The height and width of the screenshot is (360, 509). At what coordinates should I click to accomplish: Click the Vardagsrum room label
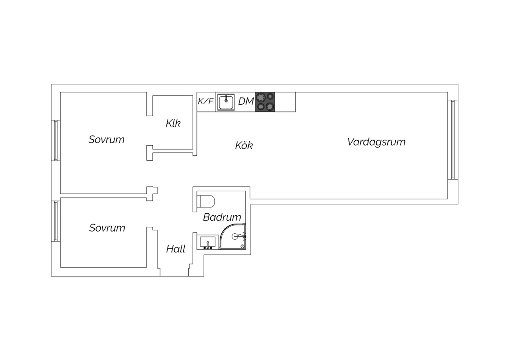[376, 142]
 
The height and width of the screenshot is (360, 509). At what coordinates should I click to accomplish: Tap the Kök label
[244, 145]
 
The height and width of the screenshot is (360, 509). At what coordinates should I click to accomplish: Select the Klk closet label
[173, 123]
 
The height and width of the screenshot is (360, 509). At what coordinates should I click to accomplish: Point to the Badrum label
[222, 217]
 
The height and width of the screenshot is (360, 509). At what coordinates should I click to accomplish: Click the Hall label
[176, 249]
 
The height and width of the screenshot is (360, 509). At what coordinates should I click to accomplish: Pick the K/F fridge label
[206, 101]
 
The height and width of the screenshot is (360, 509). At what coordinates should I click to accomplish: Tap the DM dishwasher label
[246, 102]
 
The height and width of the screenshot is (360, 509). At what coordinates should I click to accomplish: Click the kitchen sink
[226, 102]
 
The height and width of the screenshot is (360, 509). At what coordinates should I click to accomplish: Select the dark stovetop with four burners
[265, 102]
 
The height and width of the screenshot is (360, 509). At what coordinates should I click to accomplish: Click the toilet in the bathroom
[206, 201]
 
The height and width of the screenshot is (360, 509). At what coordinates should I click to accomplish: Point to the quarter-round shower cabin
[233, 236]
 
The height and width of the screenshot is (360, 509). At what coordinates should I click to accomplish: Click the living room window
[453, 140]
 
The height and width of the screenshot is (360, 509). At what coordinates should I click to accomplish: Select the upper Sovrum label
[106, 139]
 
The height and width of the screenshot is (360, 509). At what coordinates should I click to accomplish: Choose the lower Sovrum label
[107, 228]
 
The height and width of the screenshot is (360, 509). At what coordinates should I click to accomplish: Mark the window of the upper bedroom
[56, 140]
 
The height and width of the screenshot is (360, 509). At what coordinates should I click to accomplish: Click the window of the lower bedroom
[56, 221]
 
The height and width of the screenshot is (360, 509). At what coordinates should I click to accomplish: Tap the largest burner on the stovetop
[261, 98]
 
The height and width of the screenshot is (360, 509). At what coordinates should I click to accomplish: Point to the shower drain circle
[243, 246]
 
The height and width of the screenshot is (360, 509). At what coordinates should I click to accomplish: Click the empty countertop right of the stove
[285, 102]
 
